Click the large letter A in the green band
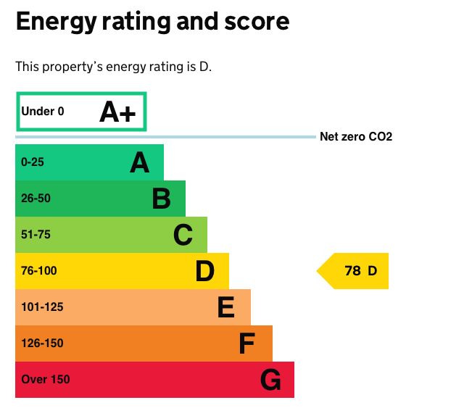click(139, 162)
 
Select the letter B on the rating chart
click(161, 199)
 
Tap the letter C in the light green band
click(183, 235)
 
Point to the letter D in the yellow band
click(205, 271)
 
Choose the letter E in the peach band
click(226, 307)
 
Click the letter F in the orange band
click(247, 344)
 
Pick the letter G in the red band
click(270, 380)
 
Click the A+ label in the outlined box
click(117, 112)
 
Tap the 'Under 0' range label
click(43, 112)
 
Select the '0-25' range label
click(33, 162)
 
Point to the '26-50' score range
click(36, 199)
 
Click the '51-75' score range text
click(36, 235)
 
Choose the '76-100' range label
click(38, 271)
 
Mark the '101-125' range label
click(42, 307)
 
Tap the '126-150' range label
click(42, 344)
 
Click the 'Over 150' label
click(46, 380)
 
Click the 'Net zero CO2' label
click(356, 137)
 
